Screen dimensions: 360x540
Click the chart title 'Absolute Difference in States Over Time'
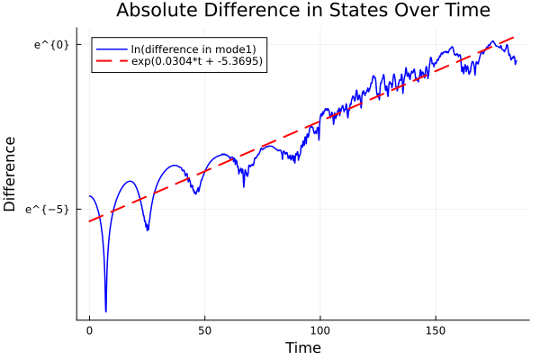tap(302, 12)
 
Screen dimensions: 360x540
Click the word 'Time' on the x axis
tap(302, 347)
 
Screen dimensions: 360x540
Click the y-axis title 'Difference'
tap(10, 174)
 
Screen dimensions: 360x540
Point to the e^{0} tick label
tap(51, 43)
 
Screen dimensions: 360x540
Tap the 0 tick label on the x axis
tap(89, 330)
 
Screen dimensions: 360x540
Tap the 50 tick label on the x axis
tap(204, 330)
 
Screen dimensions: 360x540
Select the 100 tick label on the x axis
tap(320, 330)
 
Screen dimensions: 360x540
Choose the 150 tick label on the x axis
tap(436, 330)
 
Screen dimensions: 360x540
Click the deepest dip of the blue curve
tap(105, 311)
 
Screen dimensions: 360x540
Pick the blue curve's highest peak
tap(492, 41)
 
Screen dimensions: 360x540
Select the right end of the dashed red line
tap(516, 37)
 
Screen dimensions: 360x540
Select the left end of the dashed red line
tap(89, 221)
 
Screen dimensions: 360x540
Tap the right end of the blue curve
tap(516, 62)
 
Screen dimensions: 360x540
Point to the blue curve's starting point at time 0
tap(89, 196)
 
